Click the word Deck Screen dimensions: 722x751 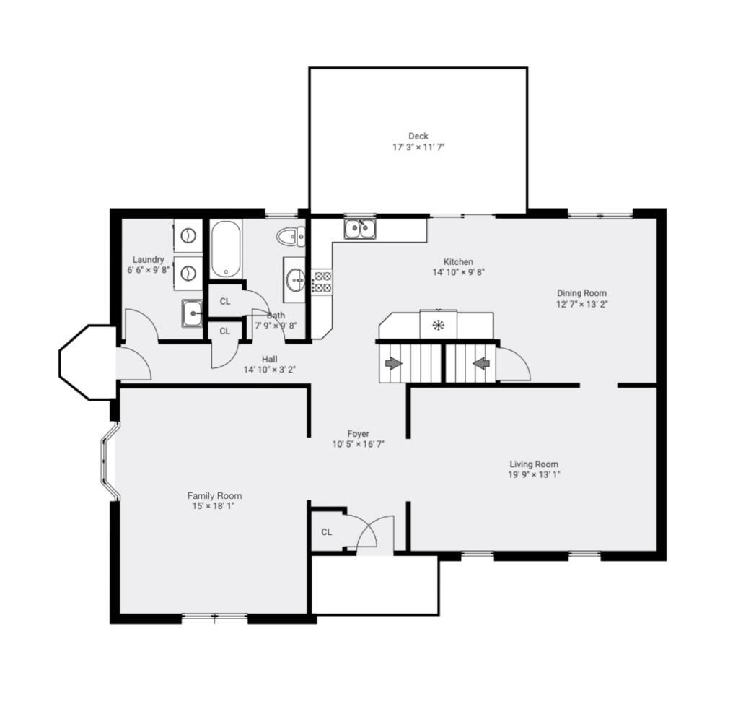point(418,136)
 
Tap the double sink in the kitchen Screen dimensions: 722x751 point(360,229)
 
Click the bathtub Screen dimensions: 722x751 point(226,249)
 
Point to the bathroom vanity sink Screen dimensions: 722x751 point(295,279)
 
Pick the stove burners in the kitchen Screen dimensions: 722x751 point(322,282)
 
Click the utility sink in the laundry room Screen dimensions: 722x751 point(193,313)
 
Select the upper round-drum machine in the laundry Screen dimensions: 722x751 point(188,235)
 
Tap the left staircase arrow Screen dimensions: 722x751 point(393,363)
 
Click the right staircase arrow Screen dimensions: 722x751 point(481,363)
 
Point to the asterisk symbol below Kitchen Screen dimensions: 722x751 point(438,325)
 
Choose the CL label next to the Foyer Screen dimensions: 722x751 point(327,532)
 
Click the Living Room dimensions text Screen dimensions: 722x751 point(534,474)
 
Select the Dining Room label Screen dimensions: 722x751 point(581,293)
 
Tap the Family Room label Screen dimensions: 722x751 point(214,496)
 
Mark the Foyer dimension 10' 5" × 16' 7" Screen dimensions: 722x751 point(358,444)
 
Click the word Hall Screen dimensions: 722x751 point(270,359)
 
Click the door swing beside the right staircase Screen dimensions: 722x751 point(514,365)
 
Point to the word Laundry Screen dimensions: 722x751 point(148,260)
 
